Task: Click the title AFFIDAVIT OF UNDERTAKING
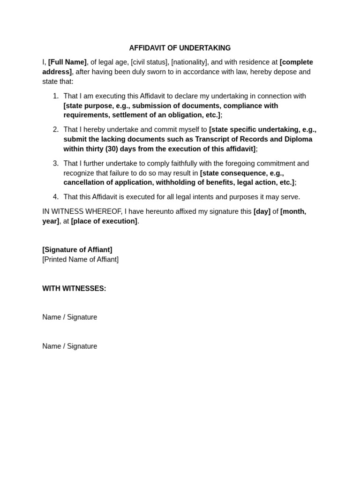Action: pos(180,48)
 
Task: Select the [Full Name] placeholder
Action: pos(67,62)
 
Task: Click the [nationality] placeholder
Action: pos(189,62)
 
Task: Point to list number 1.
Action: pos(56,96)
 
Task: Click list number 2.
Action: pos(56,129)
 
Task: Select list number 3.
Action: pos(56,163)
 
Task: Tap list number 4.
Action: pos(56,197)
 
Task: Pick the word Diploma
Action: pos(299,139)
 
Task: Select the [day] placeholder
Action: pos(262,211)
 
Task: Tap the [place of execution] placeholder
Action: pos(104,221)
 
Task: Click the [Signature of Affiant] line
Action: pos(77,250)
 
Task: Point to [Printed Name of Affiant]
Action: pos(80,259)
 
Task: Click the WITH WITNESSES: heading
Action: pos(74,288)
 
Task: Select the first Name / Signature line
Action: pos(70,317)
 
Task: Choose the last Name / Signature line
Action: pos(70,346)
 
